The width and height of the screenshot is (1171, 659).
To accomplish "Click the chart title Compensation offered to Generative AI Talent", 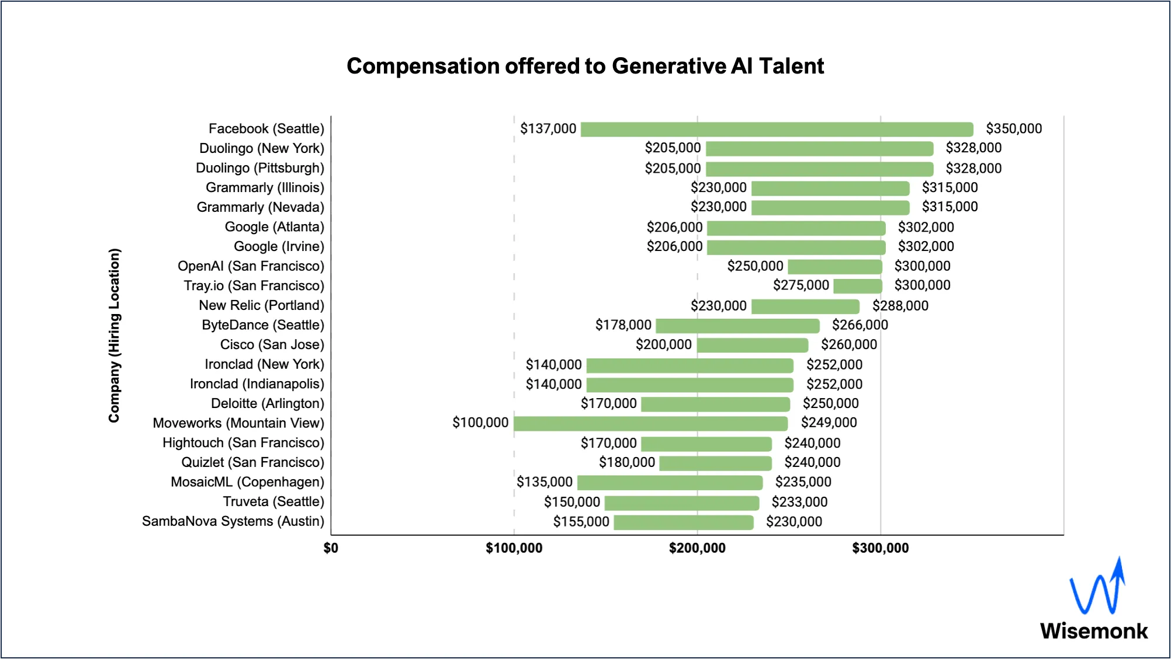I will tap(585, 66).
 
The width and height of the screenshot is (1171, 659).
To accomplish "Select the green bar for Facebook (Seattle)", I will tap(777, 129).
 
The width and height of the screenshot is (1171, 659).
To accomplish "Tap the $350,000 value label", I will tap(1013, 128).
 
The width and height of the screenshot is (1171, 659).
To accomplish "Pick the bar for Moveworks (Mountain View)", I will tap(650, 423).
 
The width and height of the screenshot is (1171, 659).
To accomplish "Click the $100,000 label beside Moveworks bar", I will tap(480, 423).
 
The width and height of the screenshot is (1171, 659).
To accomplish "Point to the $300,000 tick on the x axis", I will tap(880, 548).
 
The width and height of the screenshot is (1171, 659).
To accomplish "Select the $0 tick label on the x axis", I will tap(331, 548).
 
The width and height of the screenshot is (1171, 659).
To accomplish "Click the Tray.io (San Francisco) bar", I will tap(857, 286).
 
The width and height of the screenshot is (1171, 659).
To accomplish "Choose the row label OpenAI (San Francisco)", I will tap(251, 266).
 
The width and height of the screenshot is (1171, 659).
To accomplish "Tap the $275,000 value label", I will tap(801, 285).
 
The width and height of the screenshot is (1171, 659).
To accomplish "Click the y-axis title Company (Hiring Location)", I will tap(114, 335).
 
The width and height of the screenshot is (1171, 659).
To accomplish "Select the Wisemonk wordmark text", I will tap(1093, 631).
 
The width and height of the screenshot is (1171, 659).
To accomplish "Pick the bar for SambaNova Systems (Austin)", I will tap(683, 522).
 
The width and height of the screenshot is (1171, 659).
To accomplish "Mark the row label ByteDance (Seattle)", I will tap(262, 325).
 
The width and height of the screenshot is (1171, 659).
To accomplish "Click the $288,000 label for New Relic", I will tap(900, 306).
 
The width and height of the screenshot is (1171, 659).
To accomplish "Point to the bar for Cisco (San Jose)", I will tap(752, 345).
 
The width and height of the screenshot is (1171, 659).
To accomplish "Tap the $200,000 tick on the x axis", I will tap(697, 548).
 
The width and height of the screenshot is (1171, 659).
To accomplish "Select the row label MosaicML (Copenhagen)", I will tap(247, 482).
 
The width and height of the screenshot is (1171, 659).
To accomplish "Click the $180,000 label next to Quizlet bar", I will tap(626, 462).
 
